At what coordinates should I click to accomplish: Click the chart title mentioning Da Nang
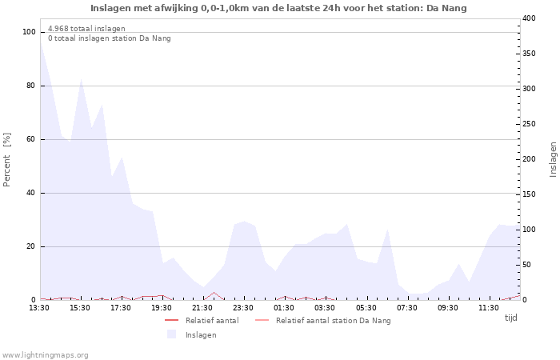tap(278, 8)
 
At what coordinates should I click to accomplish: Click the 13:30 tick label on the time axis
tap(39, 307)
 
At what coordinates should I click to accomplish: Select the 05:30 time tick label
tap(366, 307)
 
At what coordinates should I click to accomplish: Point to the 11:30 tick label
tap(489, 307)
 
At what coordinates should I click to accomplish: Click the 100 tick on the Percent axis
tap(30, 32)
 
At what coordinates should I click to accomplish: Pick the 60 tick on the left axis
tap(31, 139)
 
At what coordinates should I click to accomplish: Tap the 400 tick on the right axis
tap(529, 18)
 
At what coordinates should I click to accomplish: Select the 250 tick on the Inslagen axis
tap(529, 124)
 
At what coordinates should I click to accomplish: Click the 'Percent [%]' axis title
tap(7, 160)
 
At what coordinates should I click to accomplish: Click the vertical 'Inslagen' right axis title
tap(552, 160)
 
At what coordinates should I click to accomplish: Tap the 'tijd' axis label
tap(510, 318)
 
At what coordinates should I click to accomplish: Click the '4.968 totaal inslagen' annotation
tap(86, 29)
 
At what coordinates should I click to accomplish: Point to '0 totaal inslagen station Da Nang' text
tap(109, 38)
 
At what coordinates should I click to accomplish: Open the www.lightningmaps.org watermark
tap(45, 354)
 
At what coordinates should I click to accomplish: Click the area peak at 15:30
tap(81, 80)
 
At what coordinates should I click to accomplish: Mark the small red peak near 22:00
tap(214, 293)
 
